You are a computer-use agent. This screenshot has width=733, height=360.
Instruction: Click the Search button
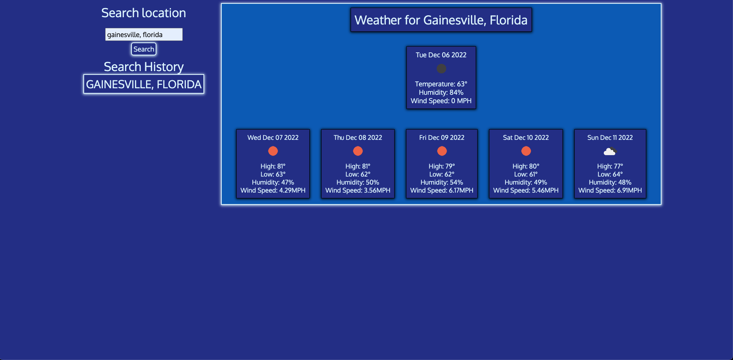[144, 49]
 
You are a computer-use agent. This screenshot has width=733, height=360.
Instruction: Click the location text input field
[144, 34]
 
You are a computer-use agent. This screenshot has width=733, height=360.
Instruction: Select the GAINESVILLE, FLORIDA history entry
[144, 84]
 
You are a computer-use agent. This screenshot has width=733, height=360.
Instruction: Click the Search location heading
[144, 13]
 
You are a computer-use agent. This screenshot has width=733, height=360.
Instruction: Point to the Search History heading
[144, 67]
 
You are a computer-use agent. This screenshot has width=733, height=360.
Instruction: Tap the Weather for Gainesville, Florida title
[441, 20]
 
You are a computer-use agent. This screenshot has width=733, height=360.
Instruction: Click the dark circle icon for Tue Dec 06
[441, 68]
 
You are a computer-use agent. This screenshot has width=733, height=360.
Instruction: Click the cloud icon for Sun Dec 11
[610, 151]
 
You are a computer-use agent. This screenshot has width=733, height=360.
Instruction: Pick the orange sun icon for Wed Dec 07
[273, 151]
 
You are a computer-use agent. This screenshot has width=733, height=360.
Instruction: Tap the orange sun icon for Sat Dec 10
[526, 151]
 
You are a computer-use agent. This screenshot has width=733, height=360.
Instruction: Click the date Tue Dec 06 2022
[441, 55]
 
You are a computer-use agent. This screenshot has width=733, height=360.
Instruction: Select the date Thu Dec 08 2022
[358, 138]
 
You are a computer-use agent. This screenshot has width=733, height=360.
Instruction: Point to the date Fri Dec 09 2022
[442, 138]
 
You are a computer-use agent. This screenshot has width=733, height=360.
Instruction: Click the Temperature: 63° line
[441, 84]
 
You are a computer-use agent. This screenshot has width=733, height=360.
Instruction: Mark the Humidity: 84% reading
[441, 92]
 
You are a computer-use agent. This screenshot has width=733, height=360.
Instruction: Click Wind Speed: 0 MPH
[441, 101]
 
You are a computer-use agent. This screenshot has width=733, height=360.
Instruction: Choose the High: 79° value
[442, 166]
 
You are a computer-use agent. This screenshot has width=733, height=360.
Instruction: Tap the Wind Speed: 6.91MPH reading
[610, 190]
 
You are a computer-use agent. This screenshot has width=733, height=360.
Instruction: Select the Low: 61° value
[526, 174]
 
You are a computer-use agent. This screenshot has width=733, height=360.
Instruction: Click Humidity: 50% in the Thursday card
[358, 182]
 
